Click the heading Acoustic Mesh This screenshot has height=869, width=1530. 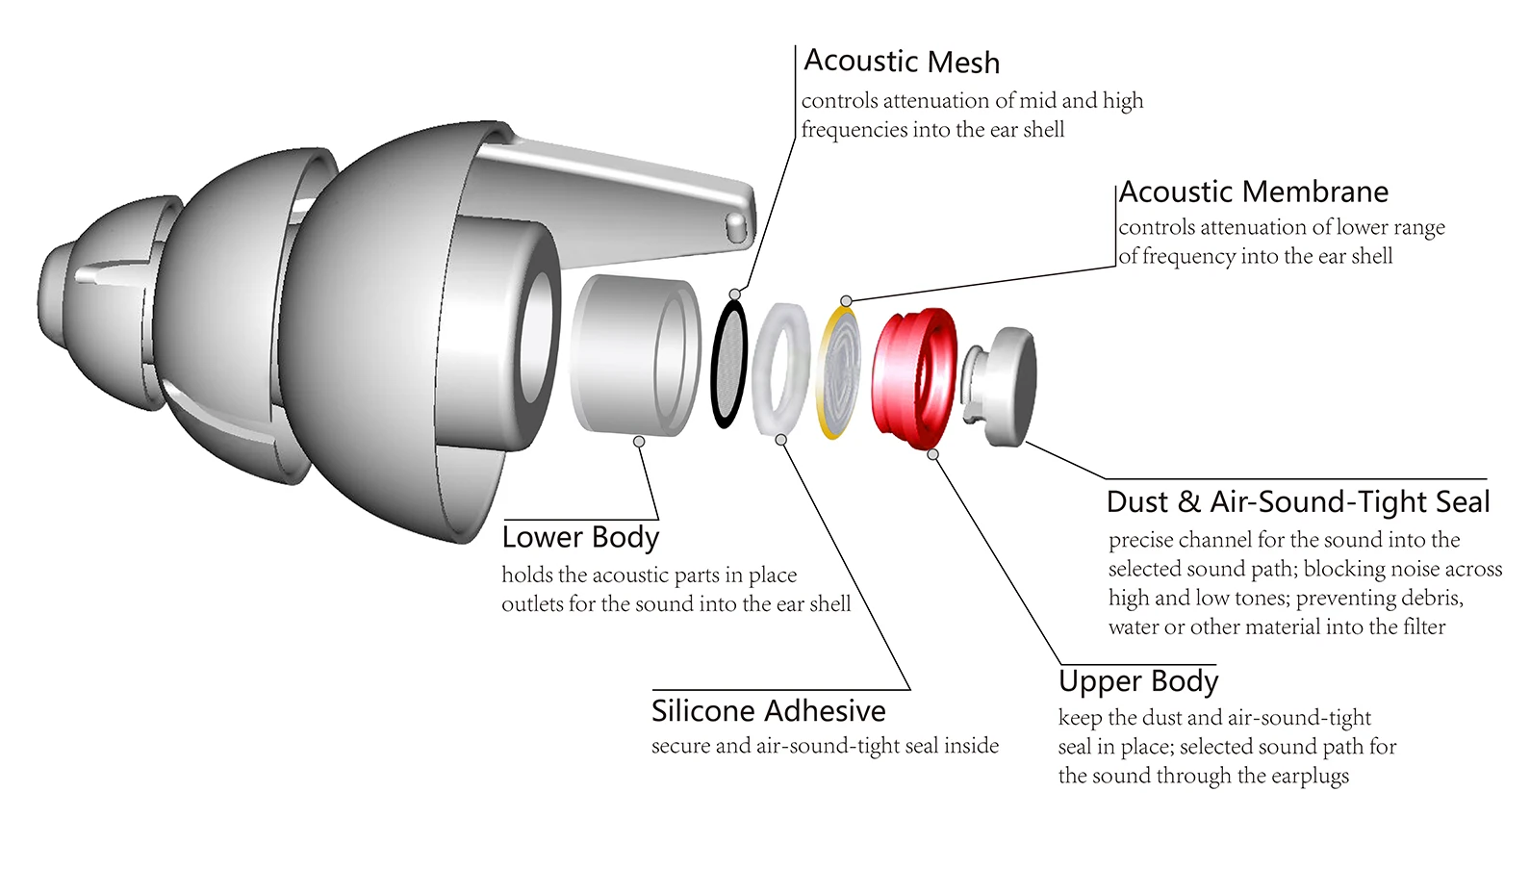coord(902,62)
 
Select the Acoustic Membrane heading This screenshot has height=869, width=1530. coord(1254,192)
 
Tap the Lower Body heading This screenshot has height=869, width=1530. coord(580,537)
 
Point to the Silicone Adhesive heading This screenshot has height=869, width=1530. coord(768,711)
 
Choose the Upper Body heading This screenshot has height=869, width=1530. coord(1138,681)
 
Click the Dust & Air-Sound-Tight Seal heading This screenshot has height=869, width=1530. coord(1298,502)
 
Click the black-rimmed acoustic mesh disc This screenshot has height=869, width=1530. coord(729,363)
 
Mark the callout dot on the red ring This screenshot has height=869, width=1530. coord(932,454)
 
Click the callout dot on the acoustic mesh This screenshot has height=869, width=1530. coord(735,294)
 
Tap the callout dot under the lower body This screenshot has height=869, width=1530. coord(639,442)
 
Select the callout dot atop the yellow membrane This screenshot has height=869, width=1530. coord(846,301)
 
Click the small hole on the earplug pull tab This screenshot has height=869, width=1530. coord(736,227)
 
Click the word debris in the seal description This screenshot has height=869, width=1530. coord(1430,599)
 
